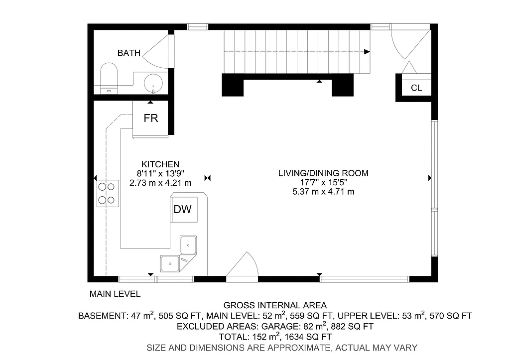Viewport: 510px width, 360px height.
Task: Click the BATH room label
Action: pos(128,53)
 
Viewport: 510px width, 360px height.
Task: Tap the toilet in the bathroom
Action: pos(108,77)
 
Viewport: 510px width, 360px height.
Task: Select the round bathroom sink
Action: pos(153,83)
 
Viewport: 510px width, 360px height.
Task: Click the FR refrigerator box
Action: pos(150,119)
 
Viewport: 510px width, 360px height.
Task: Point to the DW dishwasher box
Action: pos(182,209)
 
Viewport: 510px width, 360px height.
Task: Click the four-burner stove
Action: pos(108,193)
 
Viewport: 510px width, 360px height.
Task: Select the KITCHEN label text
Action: pos(160,164)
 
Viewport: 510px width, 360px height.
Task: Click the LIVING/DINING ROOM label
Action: pos(323,173)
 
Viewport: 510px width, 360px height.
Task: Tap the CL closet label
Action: pos(416,88)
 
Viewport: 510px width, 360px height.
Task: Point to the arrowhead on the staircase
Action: pos(367,51)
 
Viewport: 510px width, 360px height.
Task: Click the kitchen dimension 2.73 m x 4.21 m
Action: pos(160,183)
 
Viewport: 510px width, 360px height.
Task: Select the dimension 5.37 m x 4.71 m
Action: pos(323,192)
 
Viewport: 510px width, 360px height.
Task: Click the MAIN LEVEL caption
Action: pos(115,294)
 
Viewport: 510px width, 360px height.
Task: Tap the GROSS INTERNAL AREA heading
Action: pos(275,305)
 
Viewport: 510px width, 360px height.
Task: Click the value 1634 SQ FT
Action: pos(309,337)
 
